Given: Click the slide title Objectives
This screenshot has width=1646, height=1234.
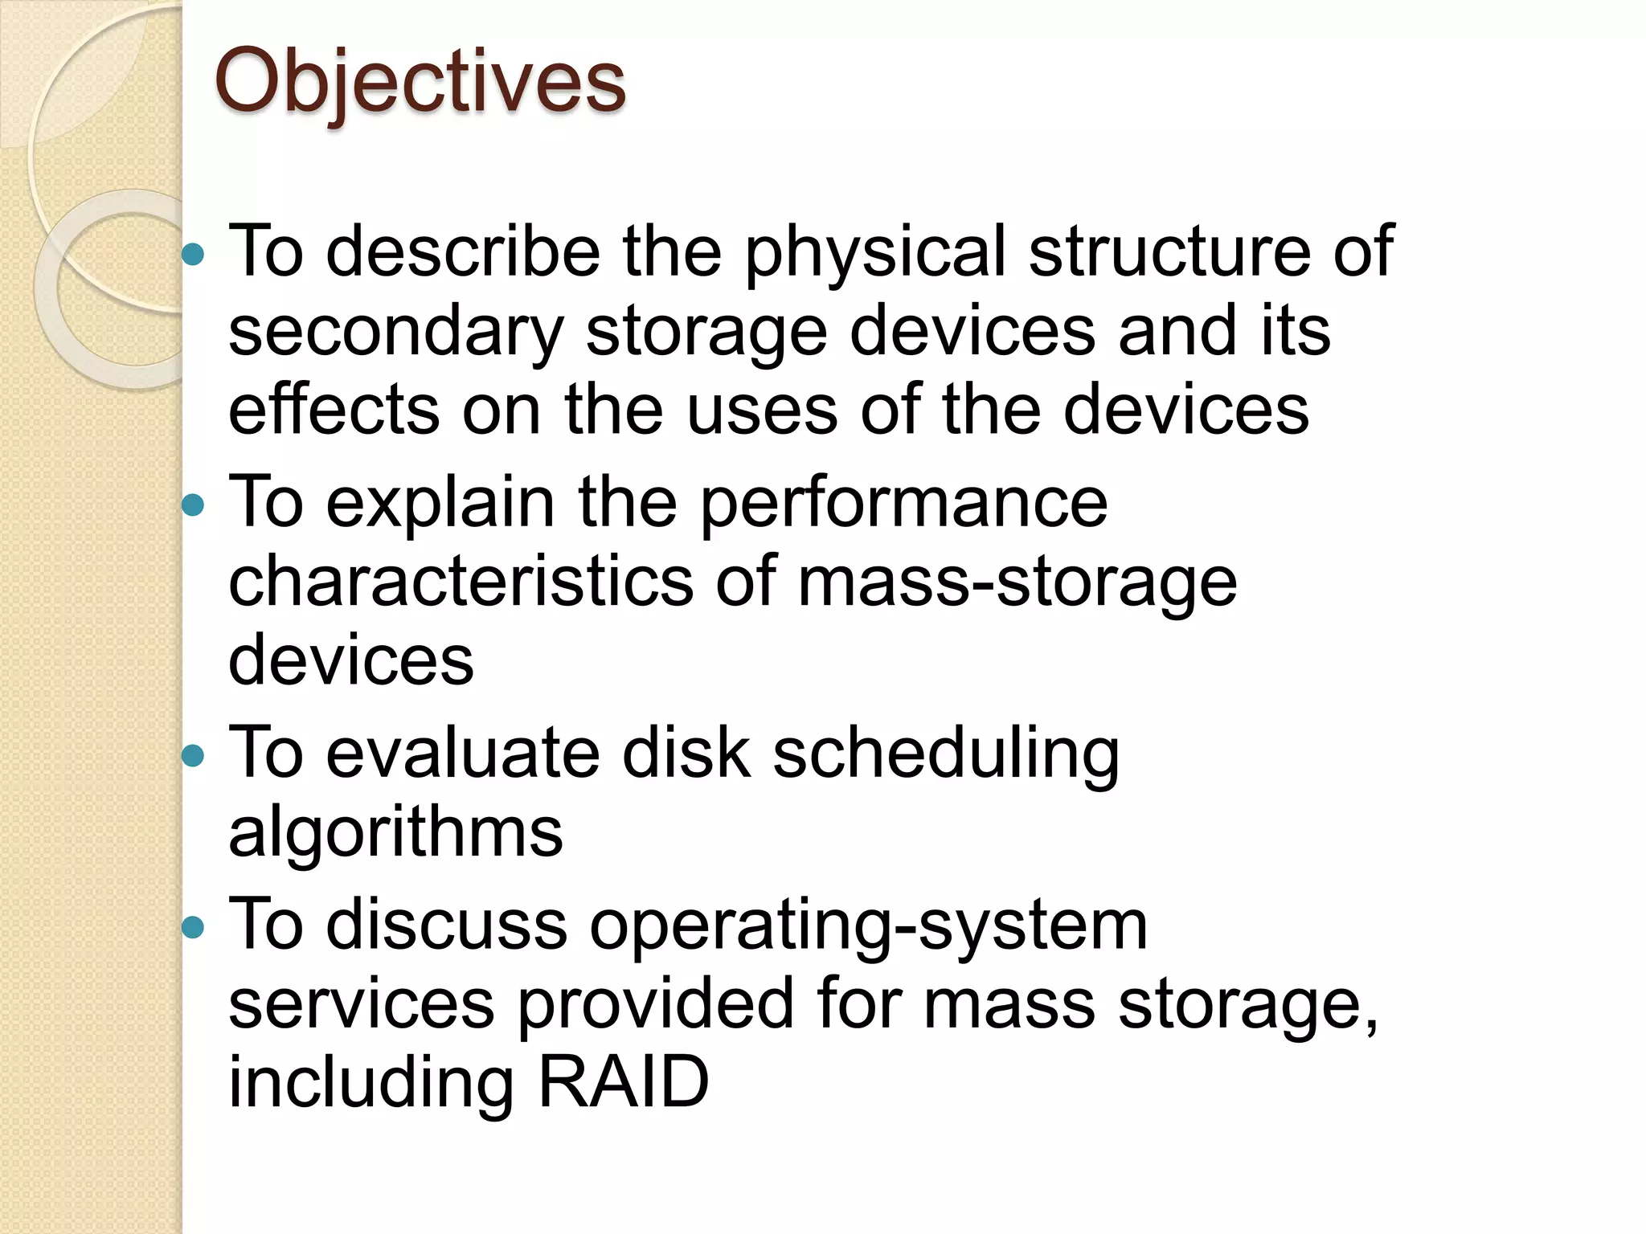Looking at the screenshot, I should (420, 82).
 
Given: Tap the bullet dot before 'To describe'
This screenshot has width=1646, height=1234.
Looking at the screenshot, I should (193, 255).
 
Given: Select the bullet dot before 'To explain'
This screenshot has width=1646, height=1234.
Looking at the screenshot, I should (193, 505).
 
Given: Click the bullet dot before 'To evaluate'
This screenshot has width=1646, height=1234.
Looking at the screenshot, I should (193, 755).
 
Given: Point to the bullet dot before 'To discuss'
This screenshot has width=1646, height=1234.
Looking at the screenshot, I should (193, 928).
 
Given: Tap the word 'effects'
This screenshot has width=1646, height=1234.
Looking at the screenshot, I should (334, 410).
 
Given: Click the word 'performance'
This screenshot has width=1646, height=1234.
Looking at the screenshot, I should (904, 505).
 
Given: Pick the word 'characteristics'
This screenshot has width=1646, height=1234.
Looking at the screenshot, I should (461, 582).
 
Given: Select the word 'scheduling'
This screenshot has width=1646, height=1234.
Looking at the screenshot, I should (945, 755).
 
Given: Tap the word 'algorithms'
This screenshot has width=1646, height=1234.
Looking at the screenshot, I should (395, 832).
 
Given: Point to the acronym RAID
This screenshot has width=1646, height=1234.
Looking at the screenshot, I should (623, 1081).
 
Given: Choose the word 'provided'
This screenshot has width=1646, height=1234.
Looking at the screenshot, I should (655, 1004).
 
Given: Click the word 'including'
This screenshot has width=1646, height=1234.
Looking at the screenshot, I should (371, 1083).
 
